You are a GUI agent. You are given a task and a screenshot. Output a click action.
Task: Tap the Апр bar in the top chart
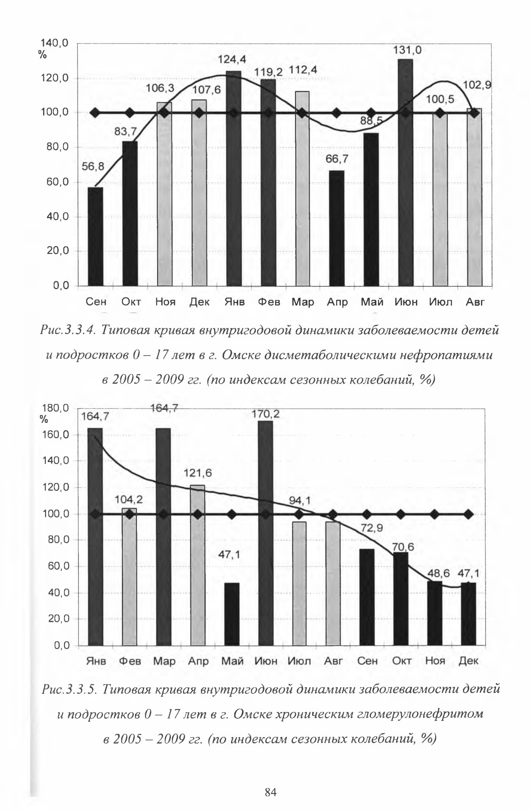point(336,228)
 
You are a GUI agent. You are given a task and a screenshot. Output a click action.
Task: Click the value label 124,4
point(232,60)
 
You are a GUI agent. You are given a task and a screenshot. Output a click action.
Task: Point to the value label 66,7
point(337,159)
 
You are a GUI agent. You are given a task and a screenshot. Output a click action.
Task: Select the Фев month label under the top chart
point(269,302)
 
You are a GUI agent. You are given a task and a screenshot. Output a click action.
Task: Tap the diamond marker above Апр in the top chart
point(337,113)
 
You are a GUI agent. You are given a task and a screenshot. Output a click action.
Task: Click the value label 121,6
point(198,473)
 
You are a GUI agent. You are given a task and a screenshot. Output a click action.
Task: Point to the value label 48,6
point(439,574)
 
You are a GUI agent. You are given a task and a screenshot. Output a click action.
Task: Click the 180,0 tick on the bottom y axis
point(55,408)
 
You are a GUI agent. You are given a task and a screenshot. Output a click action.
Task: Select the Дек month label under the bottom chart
point(469,661)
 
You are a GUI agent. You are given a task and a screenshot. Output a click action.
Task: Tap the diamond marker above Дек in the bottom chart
point(469,514)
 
